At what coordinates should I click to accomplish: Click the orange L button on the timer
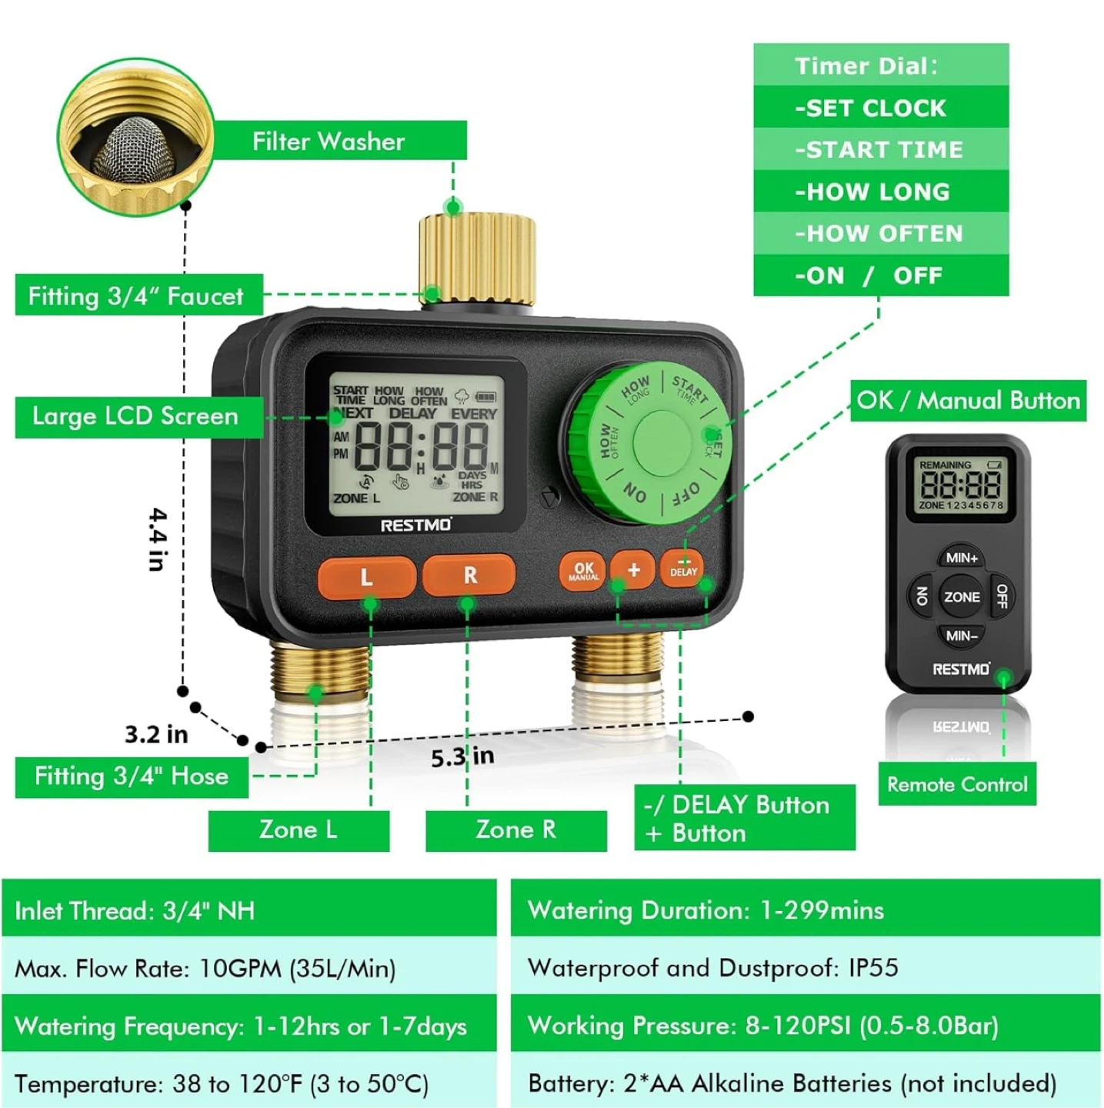coord(366,576)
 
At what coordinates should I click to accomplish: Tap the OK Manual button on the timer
coord(583,572)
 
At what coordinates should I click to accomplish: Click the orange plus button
coord(633,570)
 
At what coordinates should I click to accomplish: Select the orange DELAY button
coord(683,569)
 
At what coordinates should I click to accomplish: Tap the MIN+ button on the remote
coord(961,558)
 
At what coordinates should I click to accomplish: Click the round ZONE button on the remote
coord(962,597)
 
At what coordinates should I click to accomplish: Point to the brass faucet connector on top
coord(477,257)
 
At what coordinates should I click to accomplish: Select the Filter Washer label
coord(329,142)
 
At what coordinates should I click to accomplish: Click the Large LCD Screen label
coord(135,416)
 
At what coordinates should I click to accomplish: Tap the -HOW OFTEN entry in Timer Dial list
coord(879,233)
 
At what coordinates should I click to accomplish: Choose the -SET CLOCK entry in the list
coord(870,108)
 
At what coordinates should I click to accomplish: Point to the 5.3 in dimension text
coord(462,757)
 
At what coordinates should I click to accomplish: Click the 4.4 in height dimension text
coord(157,539)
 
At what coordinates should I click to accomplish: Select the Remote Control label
coord(957,784)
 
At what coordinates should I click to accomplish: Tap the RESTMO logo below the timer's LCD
coord(416,525)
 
